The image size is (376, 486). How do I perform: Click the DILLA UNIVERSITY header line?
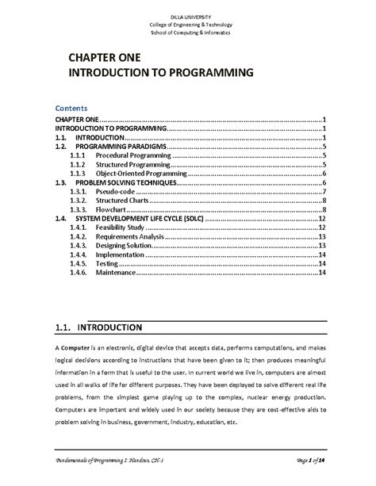tap(188, 18)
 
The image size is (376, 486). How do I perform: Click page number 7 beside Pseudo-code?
tap(325, 191)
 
